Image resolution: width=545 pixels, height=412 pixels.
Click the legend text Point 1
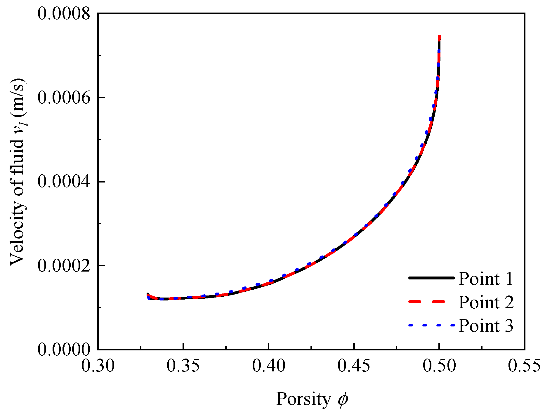pyautogui.click(x=486, y=279)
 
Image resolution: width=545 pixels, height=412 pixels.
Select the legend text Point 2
pyautogui.click(x=486, y=302)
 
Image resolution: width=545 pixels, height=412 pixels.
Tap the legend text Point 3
pyautogui.click(x=486, y=325)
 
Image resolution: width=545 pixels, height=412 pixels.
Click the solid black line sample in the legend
pyautogui.click(x=431, y=278)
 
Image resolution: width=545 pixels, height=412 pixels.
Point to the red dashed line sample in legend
pyautogui.click(x=431, y=302)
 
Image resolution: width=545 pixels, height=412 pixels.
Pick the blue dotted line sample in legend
pyautogui.click(x=431, y=325)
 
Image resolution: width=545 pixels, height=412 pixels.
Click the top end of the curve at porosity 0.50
pyautogui.click(x=439, y=37)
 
